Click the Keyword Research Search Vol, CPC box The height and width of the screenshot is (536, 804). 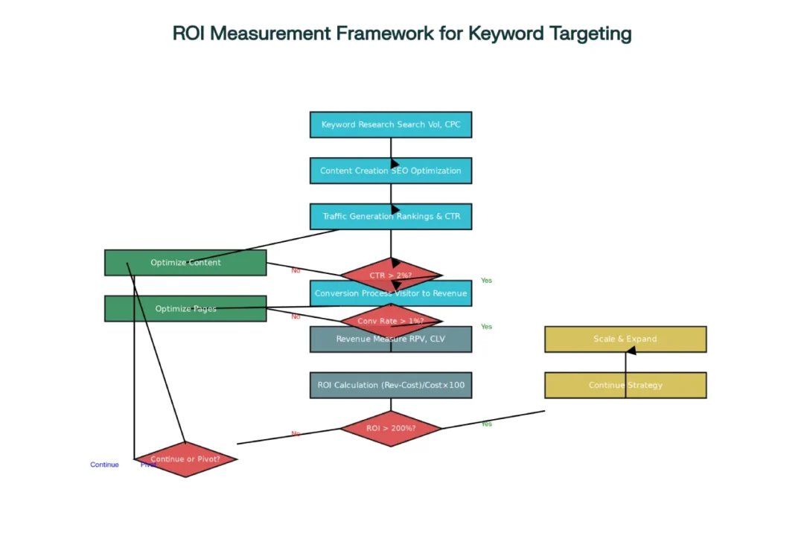coord(390,125)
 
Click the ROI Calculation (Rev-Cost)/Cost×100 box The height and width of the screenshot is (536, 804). coord(390,385)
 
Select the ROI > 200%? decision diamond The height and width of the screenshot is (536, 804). coord(390,429)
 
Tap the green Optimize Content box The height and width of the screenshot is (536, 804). coord(185,263)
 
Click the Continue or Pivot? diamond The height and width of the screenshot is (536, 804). coord(185,459)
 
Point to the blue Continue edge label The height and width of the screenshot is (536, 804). coord(104,465)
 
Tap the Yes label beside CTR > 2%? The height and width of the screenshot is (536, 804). coord(486,281)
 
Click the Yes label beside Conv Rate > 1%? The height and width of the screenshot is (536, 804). coord(486,327)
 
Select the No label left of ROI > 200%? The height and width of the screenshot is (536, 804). coord(296,434)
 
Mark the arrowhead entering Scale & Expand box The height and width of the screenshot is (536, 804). coord(630,351)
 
